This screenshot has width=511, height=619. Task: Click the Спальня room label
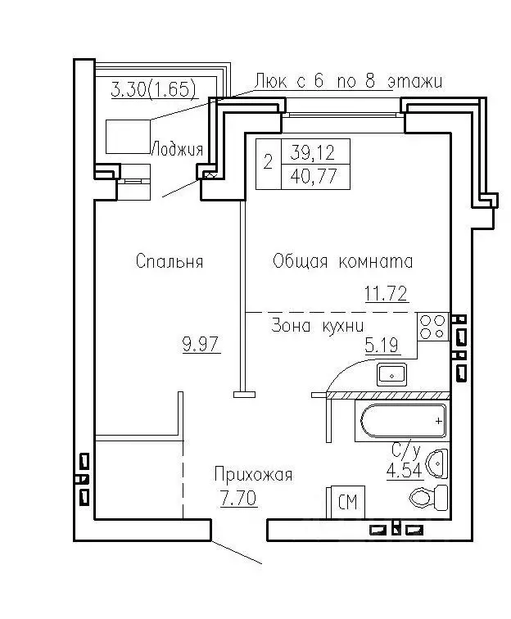pos(170,261)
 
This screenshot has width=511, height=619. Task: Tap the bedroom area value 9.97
pos(201,344)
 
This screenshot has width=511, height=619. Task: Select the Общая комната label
pos(343,262)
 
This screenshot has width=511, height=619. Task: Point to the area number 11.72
pos(386,294)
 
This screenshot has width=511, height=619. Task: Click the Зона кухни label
pos(318,326)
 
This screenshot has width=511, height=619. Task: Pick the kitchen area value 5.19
pos(382,346)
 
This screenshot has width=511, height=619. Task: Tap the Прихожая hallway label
pos(254,475)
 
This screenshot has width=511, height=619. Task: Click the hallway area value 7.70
pos(238,498)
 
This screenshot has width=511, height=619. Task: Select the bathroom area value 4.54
pos(405,471)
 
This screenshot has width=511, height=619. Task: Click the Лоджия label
pos(178,149)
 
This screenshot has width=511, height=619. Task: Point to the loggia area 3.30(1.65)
pos(154,88)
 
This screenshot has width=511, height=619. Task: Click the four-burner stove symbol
pos(433,327)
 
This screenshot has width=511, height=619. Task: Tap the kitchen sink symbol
pos(391,374)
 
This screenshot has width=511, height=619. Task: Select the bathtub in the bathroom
pos(401,421)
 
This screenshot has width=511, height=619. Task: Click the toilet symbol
pos(429,497)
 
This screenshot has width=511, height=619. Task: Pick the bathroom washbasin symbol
pos(437,463)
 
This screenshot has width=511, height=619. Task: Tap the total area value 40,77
pos(314,176)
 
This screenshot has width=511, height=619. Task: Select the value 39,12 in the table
pos(313,152)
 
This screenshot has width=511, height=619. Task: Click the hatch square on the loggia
pos(129,137)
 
